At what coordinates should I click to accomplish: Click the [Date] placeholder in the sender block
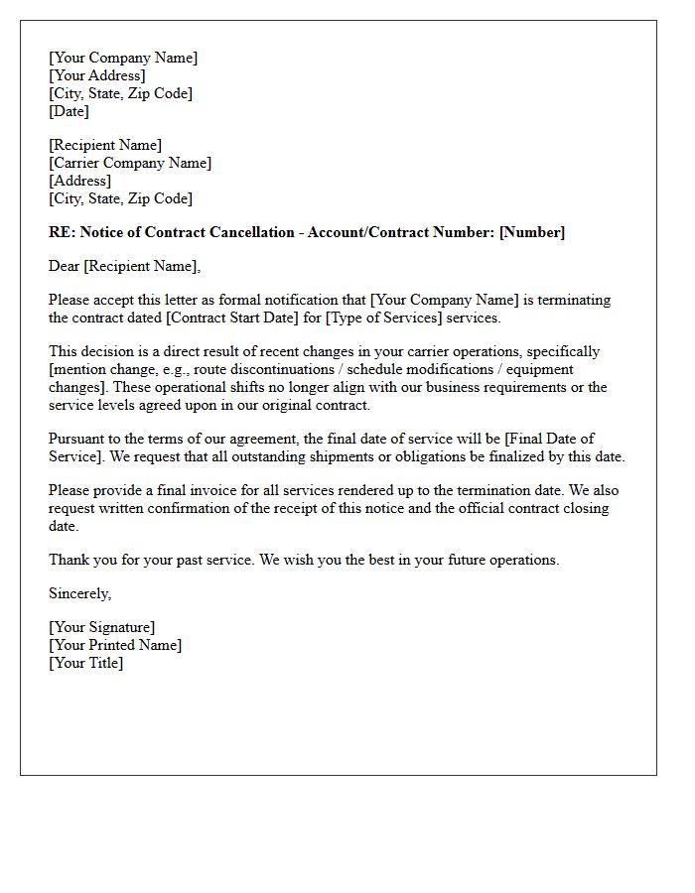(69, 111)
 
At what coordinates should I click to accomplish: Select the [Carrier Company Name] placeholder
(130, 163)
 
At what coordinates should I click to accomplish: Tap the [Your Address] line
(97, 75)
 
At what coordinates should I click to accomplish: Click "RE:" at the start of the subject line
(62, 232)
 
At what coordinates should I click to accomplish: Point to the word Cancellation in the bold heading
(256, 232)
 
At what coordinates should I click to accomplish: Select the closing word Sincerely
(80, 593)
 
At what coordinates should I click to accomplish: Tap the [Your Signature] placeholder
(102, 627)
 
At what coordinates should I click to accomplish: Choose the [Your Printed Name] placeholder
(115, 645)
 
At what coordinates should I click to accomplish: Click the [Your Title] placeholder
(86, 663)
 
